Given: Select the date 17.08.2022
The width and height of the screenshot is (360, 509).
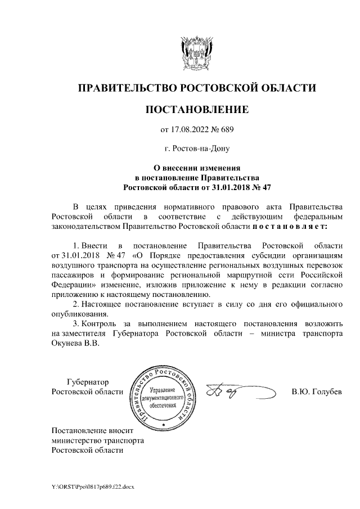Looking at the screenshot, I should coord(191,130).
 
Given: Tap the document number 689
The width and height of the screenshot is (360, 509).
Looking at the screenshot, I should coord(226,130).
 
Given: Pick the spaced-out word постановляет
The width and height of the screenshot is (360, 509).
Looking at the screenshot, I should coord(290,226).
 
